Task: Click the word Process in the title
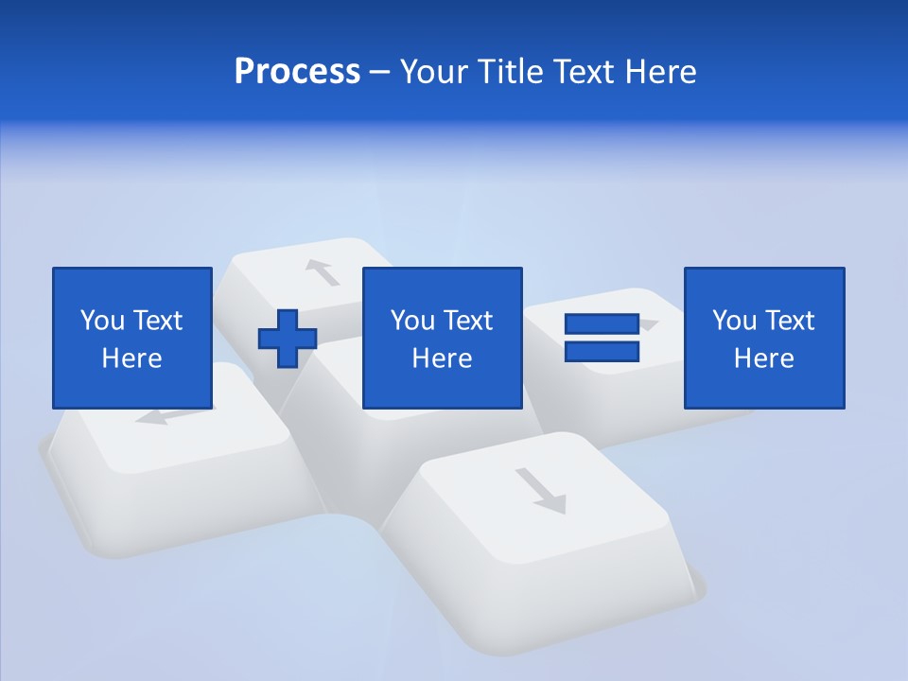(x=297, y=72)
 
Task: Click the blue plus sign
(x=288, y=339)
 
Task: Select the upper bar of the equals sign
(x=602, y=324)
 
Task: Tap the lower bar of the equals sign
(x=602, y=351)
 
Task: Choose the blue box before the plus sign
(x=132, y=338)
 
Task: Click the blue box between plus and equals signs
(x=442, y=338)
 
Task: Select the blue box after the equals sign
(x=764, y=338)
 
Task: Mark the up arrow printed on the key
(x=323, y=271)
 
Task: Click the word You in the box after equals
(x=733, y=321)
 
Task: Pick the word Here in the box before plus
(x=132, y=358)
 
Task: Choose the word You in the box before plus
(x=101, y=321)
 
